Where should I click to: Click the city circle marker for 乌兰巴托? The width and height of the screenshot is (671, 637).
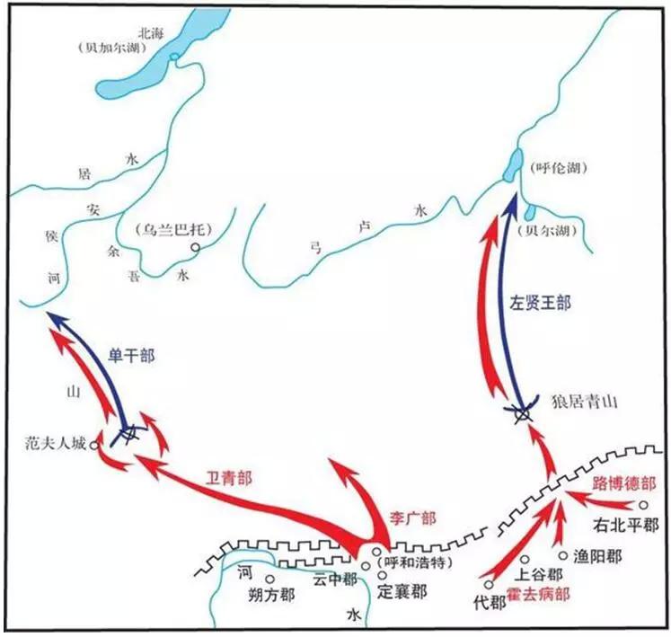[x=195, y=248]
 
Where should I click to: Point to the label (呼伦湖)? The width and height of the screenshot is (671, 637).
[x=552, y=167]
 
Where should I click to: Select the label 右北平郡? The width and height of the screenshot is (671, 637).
[x=626, y=525]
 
